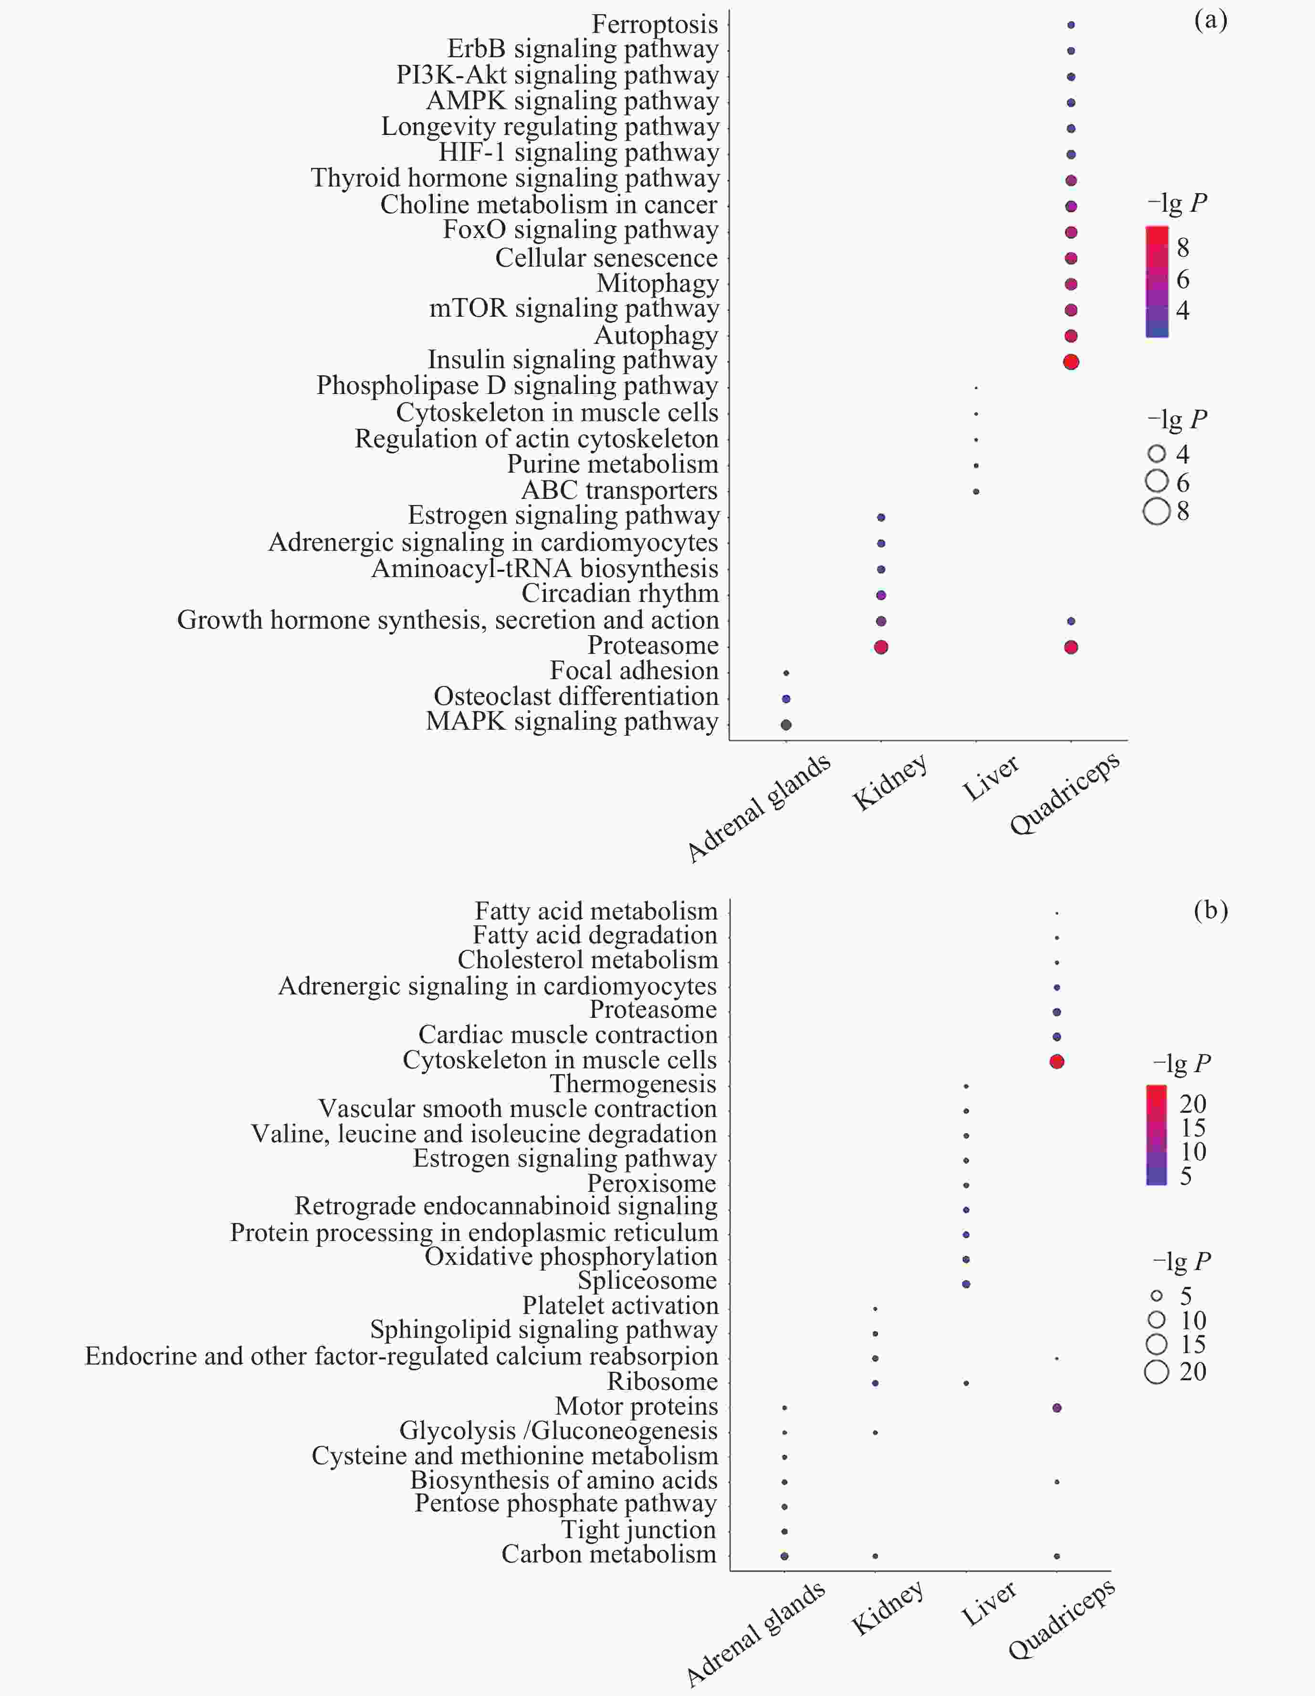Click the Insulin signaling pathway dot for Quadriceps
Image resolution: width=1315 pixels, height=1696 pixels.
1071,362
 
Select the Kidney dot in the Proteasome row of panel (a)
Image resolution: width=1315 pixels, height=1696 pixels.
881,647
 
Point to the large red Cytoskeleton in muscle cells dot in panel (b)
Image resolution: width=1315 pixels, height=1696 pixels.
1056,1062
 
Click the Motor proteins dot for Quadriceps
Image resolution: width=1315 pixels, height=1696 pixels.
1056,1408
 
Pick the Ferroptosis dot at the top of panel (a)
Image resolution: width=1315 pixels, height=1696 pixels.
1071,25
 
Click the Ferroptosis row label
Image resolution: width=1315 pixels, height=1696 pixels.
654,24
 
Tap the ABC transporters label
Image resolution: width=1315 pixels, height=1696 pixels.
619,491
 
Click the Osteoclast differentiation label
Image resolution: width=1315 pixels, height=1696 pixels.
575,696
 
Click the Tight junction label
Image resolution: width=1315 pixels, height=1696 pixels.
638,1530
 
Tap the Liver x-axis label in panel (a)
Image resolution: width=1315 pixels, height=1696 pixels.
991,779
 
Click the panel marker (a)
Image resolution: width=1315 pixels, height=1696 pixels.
1210,20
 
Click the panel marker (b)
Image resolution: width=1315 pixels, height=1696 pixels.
1210,910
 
